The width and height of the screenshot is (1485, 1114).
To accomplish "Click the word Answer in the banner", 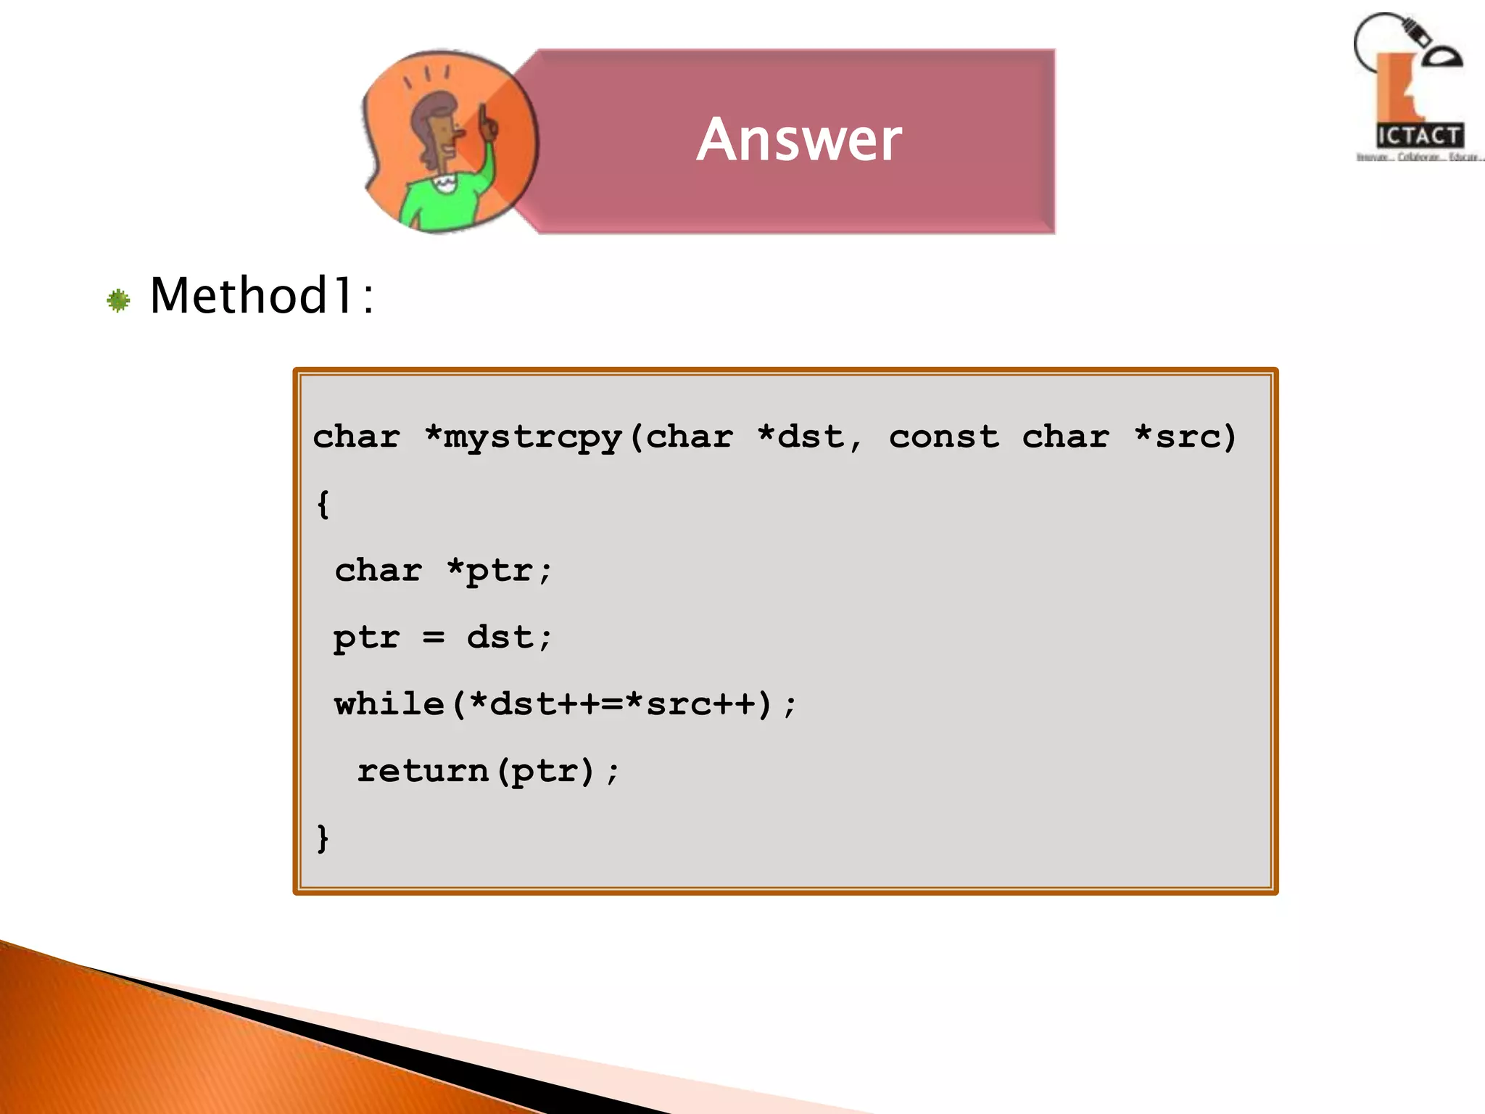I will (x=799, y=139).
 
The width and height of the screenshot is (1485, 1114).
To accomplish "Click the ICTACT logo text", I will (x=1419, y=136).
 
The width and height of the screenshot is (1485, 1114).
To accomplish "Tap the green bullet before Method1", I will (x=118, y=300).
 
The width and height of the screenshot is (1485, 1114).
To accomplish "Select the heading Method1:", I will (x=262, y=296).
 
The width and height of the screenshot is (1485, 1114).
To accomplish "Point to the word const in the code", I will (x=943, y=437).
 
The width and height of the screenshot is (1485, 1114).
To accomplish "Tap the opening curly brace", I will (x=323, y=503).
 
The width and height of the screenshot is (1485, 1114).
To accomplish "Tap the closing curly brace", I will (x=323, y=838).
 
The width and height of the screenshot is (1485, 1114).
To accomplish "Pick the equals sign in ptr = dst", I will (x=433, y=638).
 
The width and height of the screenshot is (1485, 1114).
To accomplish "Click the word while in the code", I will (x=389, y=704).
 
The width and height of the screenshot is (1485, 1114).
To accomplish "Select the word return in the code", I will (x=423, y=770).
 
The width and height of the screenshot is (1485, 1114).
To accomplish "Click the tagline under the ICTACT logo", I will (x=1419, y=157).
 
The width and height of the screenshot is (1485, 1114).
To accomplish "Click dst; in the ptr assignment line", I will (x=509, y=638).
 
